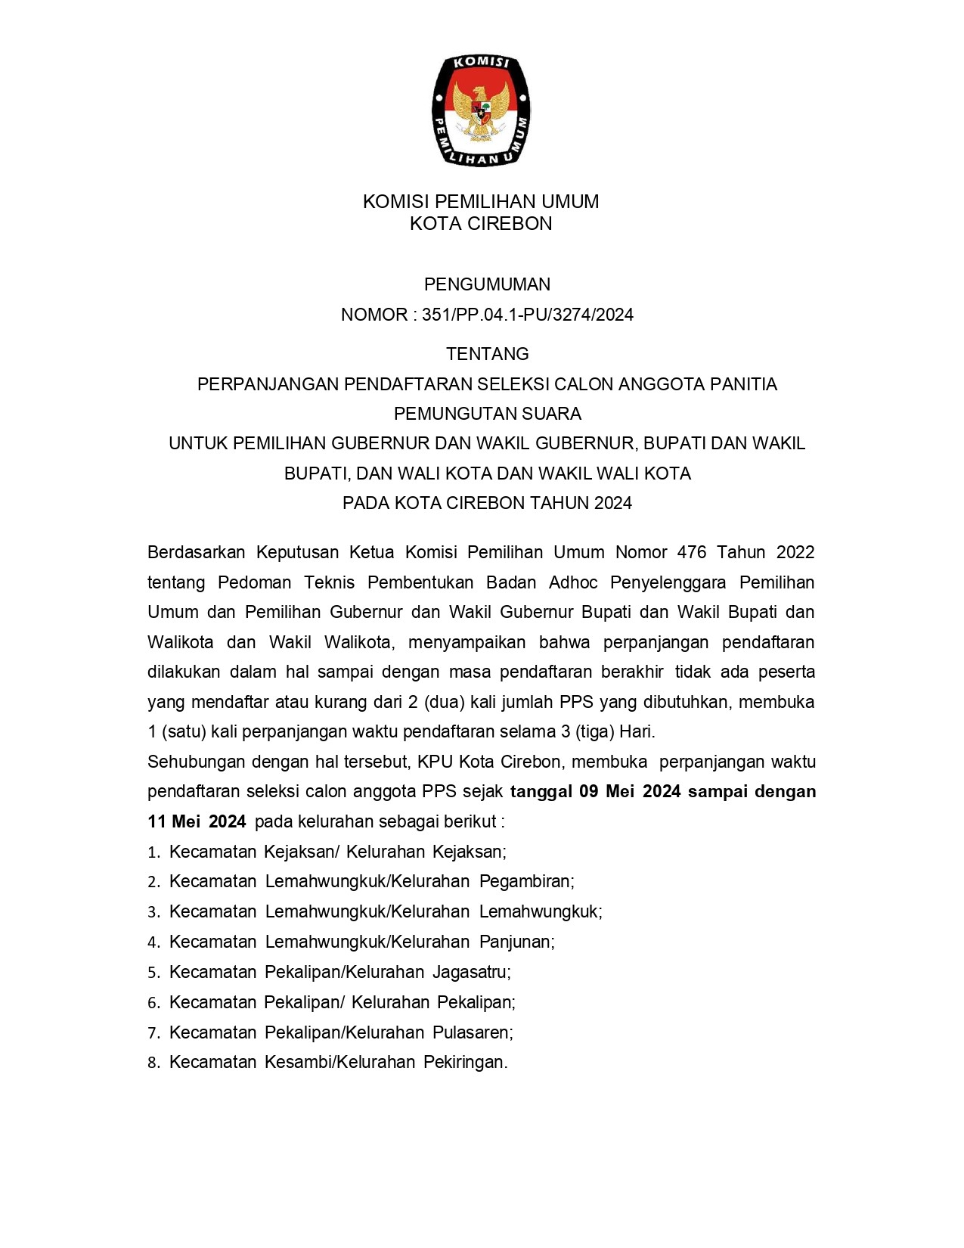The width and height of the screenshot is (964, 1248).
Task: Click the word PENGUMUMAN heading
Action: click(487, 284)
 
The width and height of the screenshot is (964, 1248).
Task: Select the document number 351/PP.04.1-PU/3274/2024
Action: click(528, 315)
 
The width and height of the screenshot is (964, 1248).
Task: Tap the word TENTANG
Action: click(487, 354)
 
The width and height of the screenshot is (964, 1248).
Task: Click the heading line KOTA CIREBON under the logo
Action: click(481, 224)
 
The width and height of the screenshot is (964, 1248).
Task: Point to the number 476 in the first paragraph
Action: click(692, 552)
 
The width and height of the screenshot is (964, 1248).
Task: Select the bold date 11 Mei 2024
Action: click(197, 822)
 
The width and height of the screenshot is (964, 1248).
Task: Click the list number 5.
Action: click(153, 973)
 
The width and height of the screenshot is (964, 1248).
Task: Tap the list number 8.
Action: click(153, 1063)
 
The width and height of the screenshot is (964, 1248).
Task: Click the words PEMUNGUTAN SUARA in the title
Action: click(487, 414)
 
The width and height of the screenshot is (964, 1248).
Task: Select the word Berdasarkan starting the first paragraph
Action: click(196, 552)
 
